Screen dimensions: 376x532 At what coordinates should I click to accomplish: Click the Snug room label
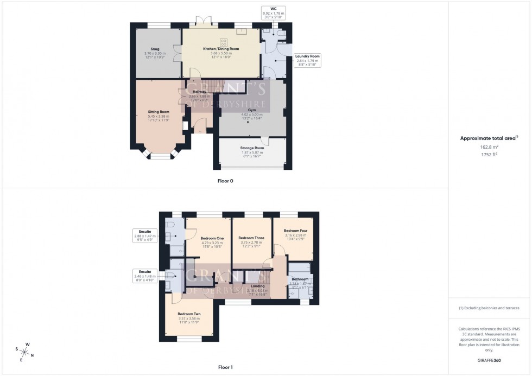tap(155, 49)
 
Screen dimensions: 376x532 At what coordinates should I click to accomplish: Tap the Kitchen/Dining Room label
tap(221, 49)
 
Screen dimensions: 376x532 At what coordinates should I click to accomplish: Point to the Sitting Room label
tap(159, 112)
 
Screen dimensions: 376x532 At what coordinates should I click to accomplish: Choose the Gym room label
tap(251, 110)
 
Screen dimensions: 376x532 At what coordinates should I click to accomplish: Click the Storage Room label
tap(252, 148)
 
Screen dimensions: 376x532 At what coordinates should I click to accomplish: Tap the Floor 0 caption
tap(225, 180)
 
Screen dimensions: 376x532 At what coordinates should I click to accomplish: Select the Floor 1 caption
tap(225, 367)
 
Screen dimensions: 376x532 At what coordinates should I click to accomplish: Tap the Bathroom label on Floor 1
tap(299, 279)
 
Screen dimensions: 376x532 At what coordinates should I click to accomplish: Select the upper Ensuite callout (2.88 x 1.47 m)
tap(145, 233)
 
